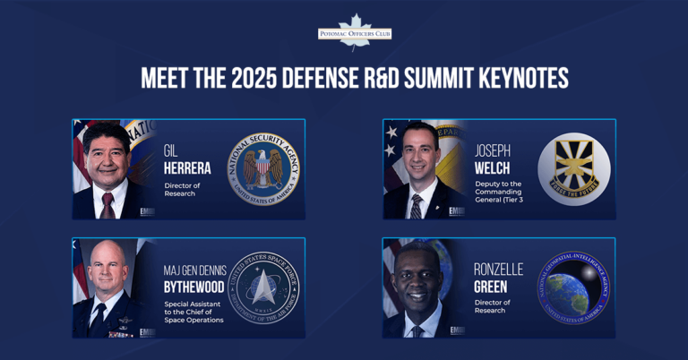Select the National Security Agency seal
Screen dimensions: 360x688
(x=263, y=169)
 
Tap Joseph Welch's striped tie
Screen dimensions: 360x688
(x=416, y=207)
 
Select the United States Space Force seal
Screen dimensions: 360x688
(x=263, y=288)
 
